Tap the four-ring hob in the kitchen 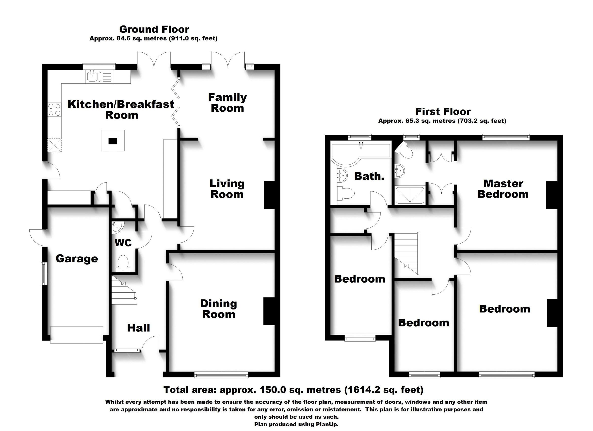pos(54,110)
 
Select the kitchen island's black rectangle pos(113,141)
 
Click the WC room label pos(123,243)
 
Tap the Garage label pos(77,259)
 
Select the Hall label pos(139,328)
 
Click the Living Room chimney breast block pos(269,195)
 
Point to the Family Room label pos(227,103)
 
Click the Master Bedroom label pos(503,189)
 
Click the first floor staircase pos(407,253)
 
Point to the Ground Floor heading pos(154,29)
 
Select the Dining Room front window pos(221,376)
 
